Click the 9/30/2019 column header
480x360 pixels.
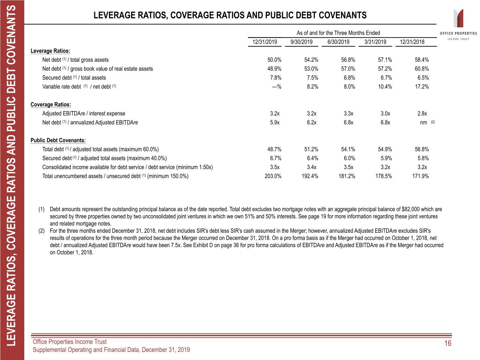point(301,42)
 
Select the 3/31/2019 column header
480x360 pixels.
point(375,42)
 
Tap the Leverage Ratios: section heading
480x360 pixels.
point(50,51)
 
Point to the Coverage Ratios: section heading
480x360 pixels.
point(51,104)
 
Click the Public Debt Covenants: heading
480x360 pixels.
point(58,140)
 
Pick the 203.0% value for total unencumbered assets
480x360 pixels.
point(273,176)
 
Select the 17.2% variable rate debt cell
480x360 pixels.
point(422,86)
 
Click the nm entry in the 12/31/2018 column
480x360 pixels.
point(423,123)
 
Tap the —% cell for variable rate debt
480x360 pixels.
point(276,87)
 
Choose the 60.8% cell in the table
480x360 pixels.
point(422,69)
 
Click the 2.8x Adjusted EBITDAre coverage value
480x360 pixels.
point(422,114)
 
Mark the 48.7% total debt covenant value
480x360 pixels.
point(274,149)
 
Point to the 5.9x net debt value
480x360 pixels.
point(275,122)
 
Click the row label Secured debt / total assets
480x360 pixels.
point(74,78)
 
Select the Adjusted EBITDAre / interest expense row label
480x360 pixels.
point(84,114)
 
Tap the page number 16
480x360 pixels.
point(448,343)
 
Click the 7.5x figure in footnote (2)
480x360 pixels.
point(176,245)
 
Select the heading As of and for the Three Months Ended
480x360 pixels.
point(338,33)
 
